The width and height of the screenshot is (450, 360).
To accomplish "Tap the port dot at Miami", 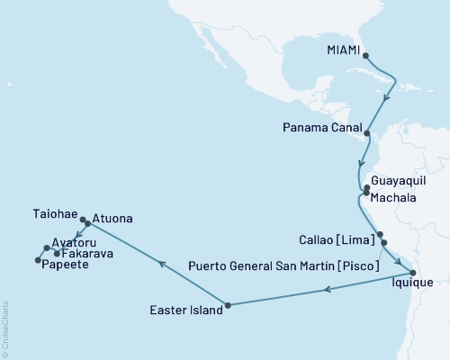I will pyautogui.click(x=365, y=55).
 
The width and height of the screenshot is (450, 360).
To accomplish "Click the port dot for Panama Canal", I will pyautogui.click(x=366, y=132).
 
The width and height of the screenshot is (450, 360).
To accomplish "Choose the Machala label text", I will pyautogui.click(x=395, y=194).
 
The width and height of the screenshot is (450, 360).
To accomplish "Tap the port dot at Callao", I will pyautogui.click(x=381, y=235).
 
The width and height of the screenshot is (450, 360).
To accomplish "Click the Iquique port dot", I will pyautogui.click(x=412, y=273).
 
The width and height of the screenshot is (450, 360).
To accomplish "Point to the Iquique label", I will pyautogui.click(x=412, y=284).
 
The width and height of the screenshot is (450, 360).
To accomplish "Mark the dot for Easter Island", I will pyautogui.click(x=228, y=305).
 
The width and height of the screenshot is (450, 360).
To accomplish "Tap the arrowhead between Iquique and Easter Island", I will pyautogui.click(x=328, y=289).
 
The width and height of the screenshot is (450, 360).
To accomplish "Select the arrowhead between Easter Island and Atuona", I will pyautogui.click(x=161, y=264).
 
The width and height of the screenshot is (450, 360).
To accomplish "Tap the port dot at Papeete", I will pyautogui.click(x=37, y=260).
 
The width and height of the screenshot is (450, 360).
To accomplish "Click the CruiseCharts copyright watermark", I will pyautogui.click(x=5, y=328).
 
